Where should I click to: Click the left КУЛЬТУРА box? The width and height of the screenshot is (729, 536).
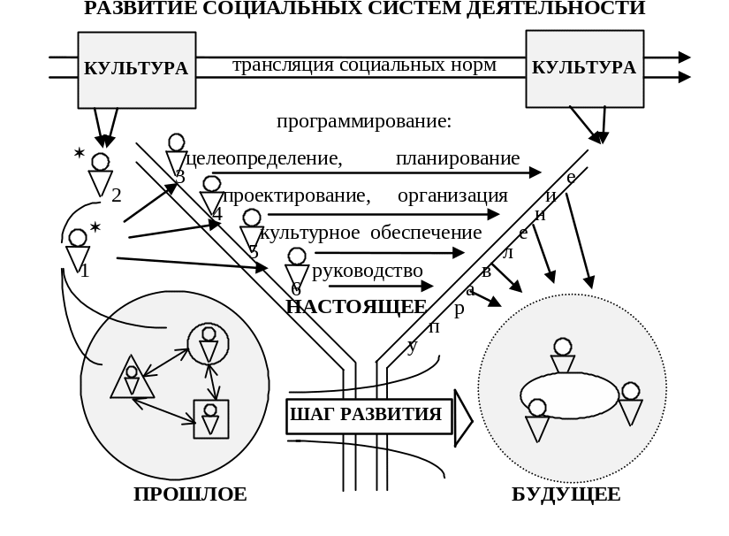tap(136, 68)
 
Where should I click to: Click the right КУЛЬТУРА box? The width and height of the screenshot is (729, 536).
tap(584, 68)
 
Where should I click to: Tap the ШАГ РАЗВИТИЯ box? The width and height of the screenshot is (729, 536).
tap(366, 415)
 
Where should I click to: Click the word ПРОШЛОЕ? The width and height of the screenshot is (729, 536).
tap(190, 494)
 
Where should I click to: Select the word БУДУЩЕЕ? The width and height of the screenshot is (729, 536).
tap(566, 494)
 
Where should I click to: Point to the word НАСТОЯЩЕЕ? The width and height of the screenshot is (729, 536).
tap(356, 307)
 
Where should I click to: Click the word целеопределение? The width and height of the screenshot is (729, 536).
tap(263, 159)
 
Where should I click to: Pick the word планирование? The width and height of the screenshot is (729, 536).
tap(458, 159)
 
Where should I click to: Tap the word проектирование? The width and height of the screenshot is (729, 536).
tap(295, 195)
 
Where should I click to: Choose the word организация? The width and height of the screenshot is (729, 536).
tap(452, 195)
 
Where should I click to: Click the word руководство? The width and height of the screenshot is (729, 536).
tap(368, 271)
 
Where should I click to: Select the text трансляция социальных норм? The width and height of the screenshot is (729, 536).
tap(364, 65)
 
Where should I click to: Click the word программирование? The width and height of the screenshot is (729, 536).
tap(364, 121)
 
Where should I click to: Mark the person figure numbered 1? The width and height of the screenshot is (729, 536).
tap(78, 250)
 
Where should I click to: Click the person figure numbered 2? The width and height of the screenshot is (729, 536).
tap(101, 175)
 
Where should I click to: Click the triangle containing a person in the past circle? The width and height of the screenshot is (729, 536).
tap(132, 379)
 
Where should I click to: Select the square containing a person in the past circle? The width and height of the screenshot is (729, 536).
tap(210, 418)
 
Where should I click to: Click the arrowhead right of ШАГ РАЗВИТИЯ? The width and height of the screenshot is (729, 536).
tap(463, 418)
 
